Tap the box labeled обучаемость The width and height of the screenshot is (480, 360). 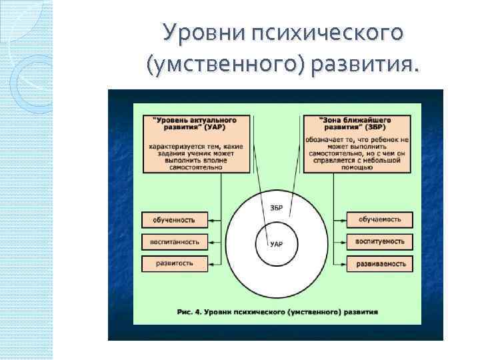point(380,219)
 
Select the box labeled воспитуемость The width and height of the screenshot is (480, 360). point(380,241)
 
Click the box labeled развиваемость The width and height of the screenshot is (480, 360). point(380,263)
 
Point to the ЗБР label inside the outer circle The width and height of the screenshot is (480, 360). point(277,208)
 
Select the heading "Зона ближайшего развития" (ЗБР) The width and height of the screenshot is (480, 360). point(357,123)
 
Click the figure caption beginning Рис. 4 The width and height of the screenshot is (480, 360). point(278,311)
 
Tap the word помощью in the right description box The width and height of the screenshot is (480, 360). point(357,168)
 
